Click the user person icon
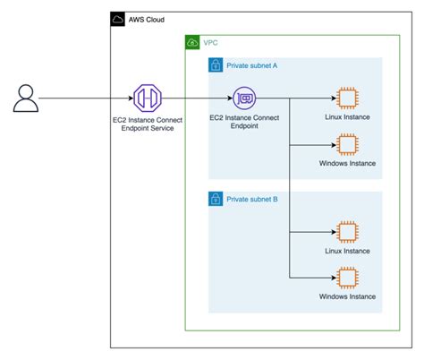25,99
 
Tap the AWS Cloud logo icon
118,20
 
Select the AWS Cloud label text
147,20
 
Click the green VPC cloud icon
192,42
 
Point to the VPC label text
211,42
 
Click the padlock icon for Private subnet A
216,65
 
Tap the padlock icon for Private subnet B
216,198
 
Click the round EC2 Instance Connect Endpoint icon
244,99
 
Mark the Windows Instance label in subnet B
347,296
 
